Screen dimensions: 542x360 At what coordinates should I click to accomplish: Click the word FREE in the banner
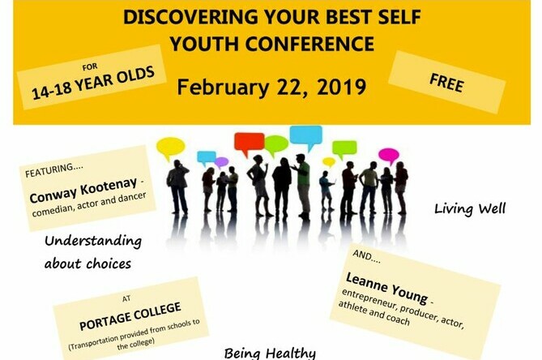(x=446, y=83)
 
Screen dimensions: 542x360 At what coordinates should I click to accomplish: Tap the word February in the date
(x=222, y=87)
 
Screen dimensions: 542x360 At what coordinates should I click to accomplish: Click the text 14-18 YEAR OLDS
(x=93, y=83)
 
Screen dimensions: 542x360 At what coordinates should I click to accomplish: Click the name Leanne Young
(x=386, y=287)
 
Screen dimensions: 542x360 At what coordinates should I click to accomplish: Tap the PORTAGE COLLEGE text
(x=130, y=316)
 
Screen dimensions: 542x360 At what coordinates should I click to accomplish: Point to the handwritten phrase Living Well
(x=470, y=209)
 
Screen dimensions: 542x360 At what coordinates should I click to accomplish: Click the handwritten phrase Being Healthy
(x=270, y=354)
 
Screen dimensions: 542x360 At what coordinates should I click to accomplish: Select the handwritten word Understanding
(x=93, y=241)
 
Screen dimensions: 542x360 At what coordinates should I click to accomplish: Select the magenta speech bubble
(x=389, y=156)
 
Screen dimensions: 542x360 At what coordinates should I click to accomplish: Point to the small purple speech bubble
(x=221, y=162)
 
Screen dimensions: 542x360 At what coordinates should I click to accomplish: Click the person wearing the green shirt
(x=303, y=187)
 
